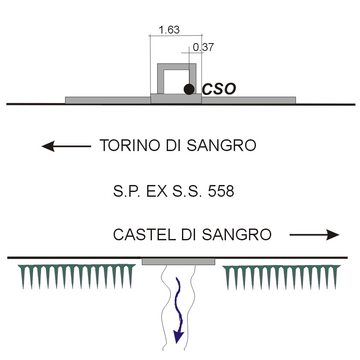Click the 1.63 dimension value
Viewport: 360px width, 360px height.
[169, 30]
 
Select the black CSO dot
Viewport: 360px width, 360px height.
[189, 89]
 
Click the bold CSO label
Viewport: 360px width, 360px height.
[219, 89]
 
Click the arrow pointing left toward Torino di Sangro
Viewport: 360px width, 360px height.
[66, 146]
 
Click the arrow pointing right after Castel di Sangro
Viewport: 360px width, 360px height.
[314, 236]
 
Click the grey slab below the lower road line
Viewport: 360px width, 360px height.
[178, 262]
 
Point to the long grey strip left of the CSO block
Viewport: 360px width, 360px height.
[108, 100]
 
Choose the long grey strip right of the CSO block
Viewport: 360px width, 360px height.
[249, 100]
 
